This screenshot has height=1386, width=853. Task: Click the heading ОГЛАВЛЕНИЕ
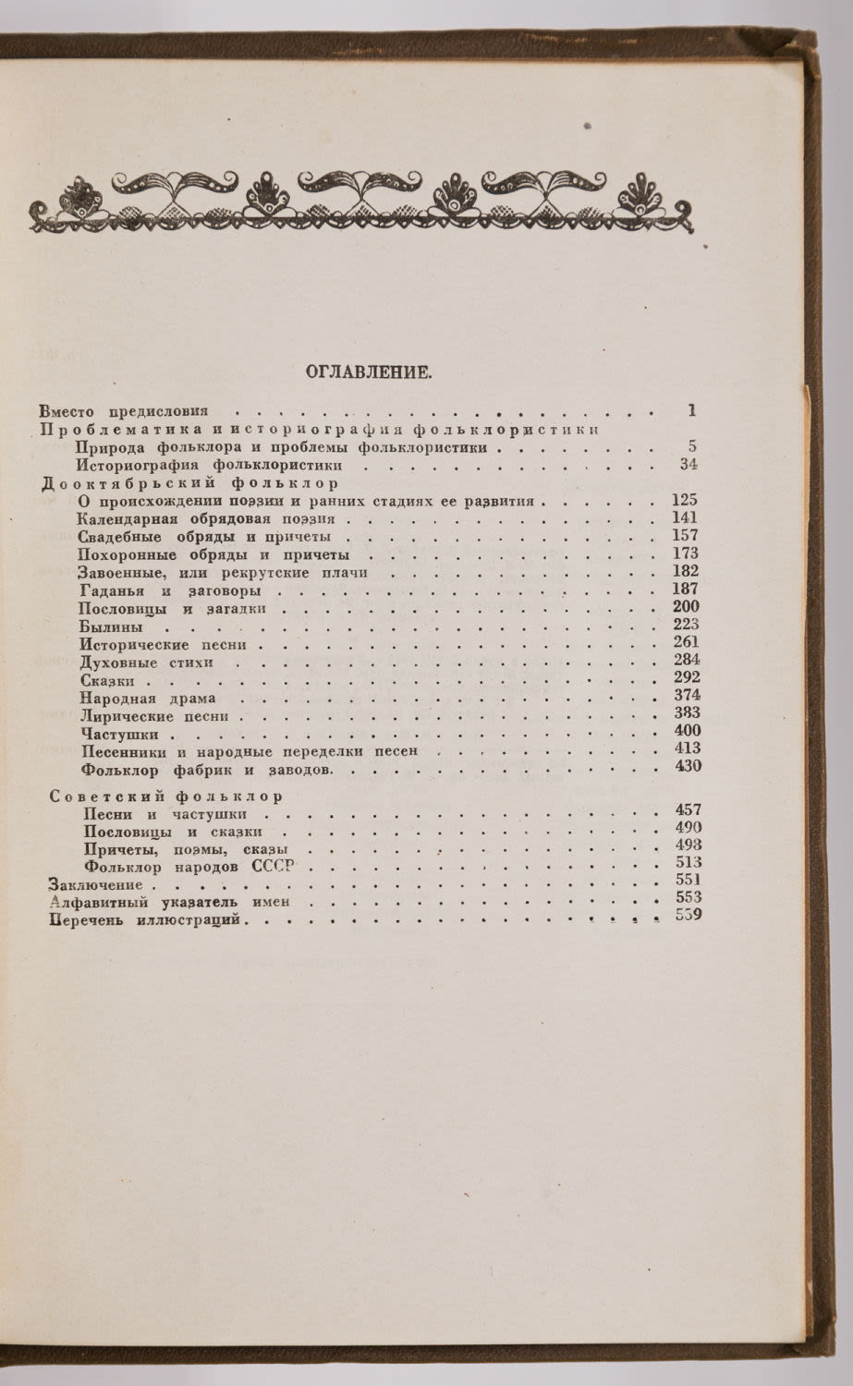coord(368,372)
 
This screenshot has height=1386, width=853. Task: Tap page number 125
coord(685,501)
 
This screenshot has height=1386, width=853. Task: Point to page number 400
coord(688,731)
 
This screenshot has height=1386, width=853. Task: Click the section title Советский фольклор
coord(165,796)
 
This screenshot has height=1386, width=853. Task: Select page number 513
coord(688,862)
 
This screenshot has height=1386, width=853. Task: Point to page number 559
coord(688,916)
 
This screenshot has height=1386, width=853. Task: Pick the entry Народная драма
coord(148,699)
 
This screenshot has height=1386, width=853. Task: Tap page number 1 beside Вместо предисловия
coord(692,411)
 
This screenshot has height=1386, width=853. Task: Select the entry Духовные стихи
coord(147,663)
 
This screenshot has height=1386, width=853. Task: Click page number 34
coord(688,465)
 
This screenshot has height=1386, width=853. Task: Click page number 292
coord(688,677)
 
